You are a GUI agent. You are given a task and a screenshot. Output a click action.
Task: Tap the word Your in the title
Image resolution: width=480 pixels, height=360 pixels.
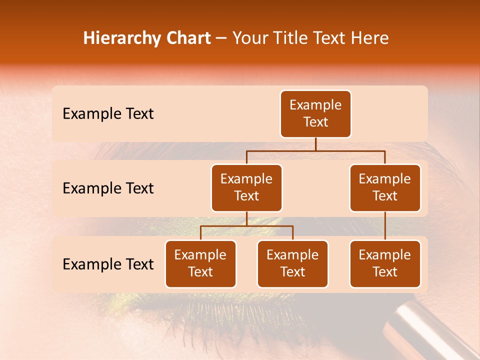(x=250, y=38)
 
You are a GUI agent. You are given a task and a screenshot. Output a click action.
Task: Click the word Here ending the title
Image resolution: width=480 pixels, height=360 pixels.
(x=369, y=38)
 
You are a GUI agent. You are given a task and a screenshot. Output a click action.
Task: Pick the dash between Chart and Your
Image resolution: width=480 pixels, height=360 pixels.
(x=221, y=39)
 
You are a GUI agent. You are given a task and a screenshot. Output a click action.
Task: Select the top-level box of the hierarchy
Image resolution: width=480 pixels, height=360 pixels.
(x=315, y=114)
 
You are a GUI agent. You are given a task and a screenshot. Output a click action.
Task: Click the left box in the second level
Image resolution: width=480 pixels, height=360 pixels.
(x=246, y=188)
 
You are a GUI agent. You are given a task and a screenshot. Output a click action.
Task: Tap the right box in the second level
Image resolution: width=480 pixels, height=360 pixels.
(x=385, y=188)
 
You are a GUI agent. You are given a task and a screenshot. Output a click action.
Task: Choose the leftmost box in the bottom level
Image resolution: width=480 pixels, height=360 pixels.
(x=200, y=264)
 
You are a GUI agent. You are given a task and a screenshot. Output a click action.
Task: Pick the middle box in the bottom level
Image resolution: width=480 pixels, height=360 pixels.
(x=292, y=264)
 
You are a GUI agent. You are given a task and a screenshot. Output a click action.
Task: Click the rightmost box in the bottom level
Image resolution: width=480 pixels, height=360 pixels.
(x=385, y=264)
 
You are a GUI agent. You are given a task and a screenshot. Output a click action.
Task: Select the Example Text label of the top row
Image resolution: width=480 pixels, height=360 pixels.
(x=108, y=114)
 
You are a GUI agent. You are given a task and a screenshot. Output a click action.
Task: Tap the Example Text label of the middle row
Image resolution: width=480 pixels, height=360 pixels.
(x=108, y=188)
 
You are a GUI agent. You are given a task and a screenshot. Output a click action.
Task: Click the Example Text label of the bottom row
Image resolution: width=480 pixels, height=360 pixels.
(x=108, y=264)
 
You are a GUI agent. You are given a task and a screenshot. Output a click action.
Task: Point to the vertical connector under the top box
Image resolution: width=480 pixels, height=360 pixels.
(x=315, y=144)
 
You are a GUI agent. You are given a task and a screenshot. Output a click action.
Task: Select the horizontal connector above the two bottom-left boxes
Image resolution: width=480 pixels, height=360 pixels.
(x=246, y=226)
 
